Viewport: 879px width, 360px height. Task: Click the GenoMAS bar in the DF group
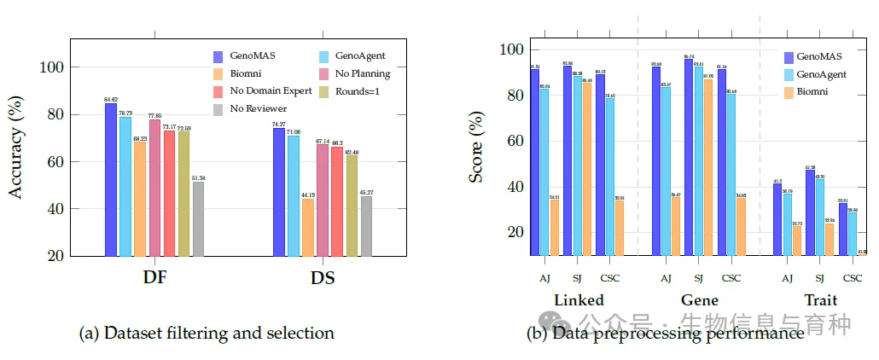[x=111, y=179]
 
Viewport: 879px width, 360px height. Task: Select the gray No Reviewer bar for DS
[x=366, y=226]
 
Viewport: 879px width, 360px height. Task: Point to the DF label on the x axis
[x=154, y=278]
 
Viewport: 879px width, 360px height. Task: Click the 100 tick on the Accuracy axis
[x=57, y=67]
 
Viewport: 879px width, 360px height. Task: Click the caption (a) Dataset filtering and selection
[x=206, y=333]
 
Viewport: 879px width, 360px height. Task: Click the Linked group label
[x=579, y=300]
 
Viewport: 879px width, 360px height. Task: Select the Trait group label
[x=819, y=300]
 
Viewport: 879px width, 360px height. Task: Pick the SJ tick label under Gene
[x=699, y=277]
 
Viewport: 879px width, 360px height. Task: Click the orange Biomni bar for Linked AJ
[x=555, y=227]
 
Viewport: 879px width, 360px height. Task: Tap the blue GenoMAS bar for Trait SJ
[x=810, y=213]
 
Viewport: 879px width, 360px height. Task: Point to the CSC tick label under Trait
[x=852, y=277]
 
